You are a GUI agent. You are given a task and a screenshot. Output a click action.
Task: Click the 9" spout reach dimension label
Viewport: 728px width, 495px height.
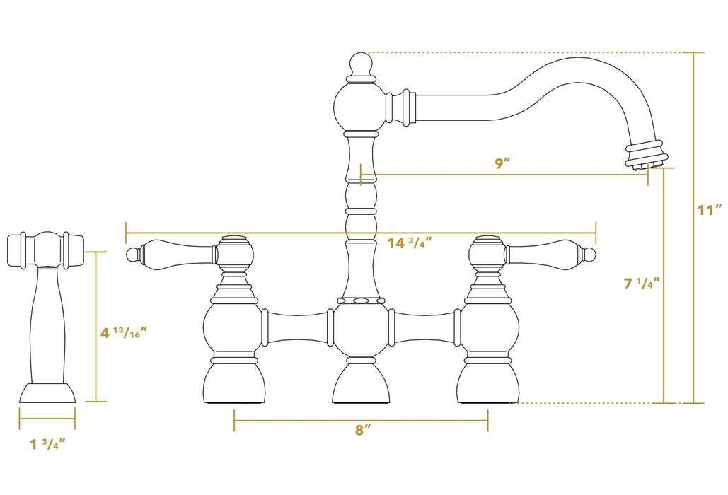(x=502, y=163)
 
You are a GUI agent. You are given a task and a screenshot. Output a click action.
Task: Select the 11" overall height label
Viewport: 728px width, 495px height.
(x=708, y=210)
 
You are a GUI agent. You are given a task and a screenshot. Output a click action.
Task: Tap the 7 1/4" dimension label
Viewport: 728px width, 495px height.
(x=642, y=284)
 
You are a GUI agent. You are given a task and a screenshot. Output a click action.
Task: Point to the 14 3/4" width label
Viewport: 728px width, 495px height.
(x=410, y=243)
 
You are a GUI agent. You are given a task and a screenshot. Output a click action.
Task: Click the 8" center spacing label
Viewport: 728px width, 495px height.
(x=362, y=430)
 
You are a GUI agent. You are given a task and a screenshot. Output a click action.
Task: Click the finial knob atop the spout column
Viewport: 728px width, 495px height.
(x=361, y=65)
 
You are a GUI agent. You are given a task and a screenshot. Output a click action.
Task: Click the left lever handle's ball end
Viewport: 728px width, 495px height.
(x=131, y=254)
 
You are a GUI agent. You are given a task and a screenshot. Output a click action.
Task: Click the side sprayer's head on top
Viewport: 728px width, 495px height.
(x=45, y=250)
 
